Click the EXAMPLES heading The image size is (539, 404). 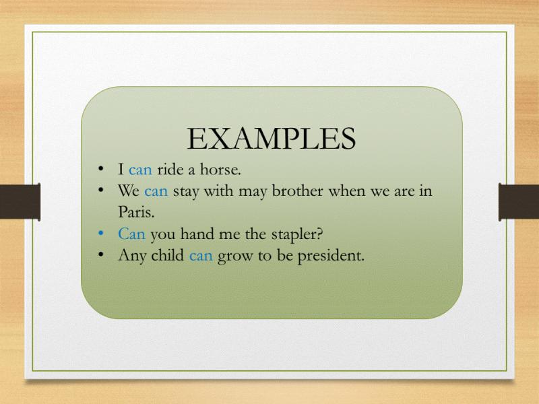(x=272, y=139)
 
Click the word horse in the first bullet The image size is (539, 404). (x=220, y=169)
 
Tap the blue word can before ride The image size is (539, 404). (x=140, y=170)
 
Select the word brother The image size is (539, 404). (x=297, y=191)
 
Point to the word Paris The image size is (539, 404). (x=136, y=212)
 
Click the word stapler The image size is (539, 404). (x=297, y=234)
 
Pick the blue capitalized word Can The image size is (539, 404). (x=131, y=234)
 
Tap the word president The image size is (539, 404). (x=331, y=256)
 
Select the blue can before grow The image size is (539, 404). (x=201, y=257)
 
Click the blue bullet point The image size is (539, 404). (x=100, y=234)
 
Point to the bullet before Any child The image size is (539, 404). (x=100, y=255)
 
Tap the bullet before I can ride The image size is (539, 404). (x=100, y=169)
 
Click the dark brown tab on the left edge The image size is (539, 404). (x=20, y=202)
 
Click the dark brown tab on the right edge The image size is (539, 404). (x=519, y=202)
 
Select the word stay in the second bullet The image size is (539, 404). (x=186, y=192)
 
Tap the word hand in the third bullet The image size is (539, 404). (x=195, y=234)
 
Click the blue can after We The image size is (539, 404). (x=156, y=192)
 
